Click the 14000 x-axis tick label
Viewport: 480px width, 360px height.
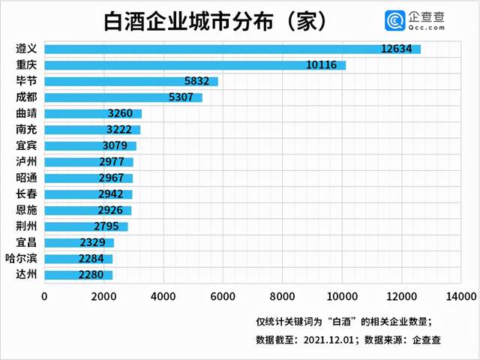[x=459, y=295]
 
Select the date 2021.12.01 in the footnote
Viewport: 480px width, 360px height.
[x=327, y=339]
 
